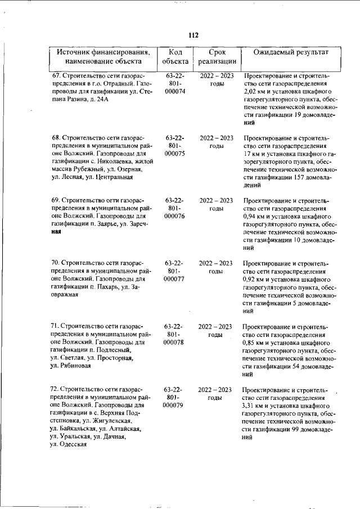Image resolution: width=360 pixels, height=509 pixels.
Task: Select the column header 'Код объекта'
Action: pos(175,56)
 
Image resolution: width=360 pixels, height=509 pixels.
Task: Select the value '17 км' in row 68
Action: pos(253,154)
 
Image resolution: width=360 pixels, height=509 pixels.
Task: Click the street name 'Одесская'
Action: pos(73,444)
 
